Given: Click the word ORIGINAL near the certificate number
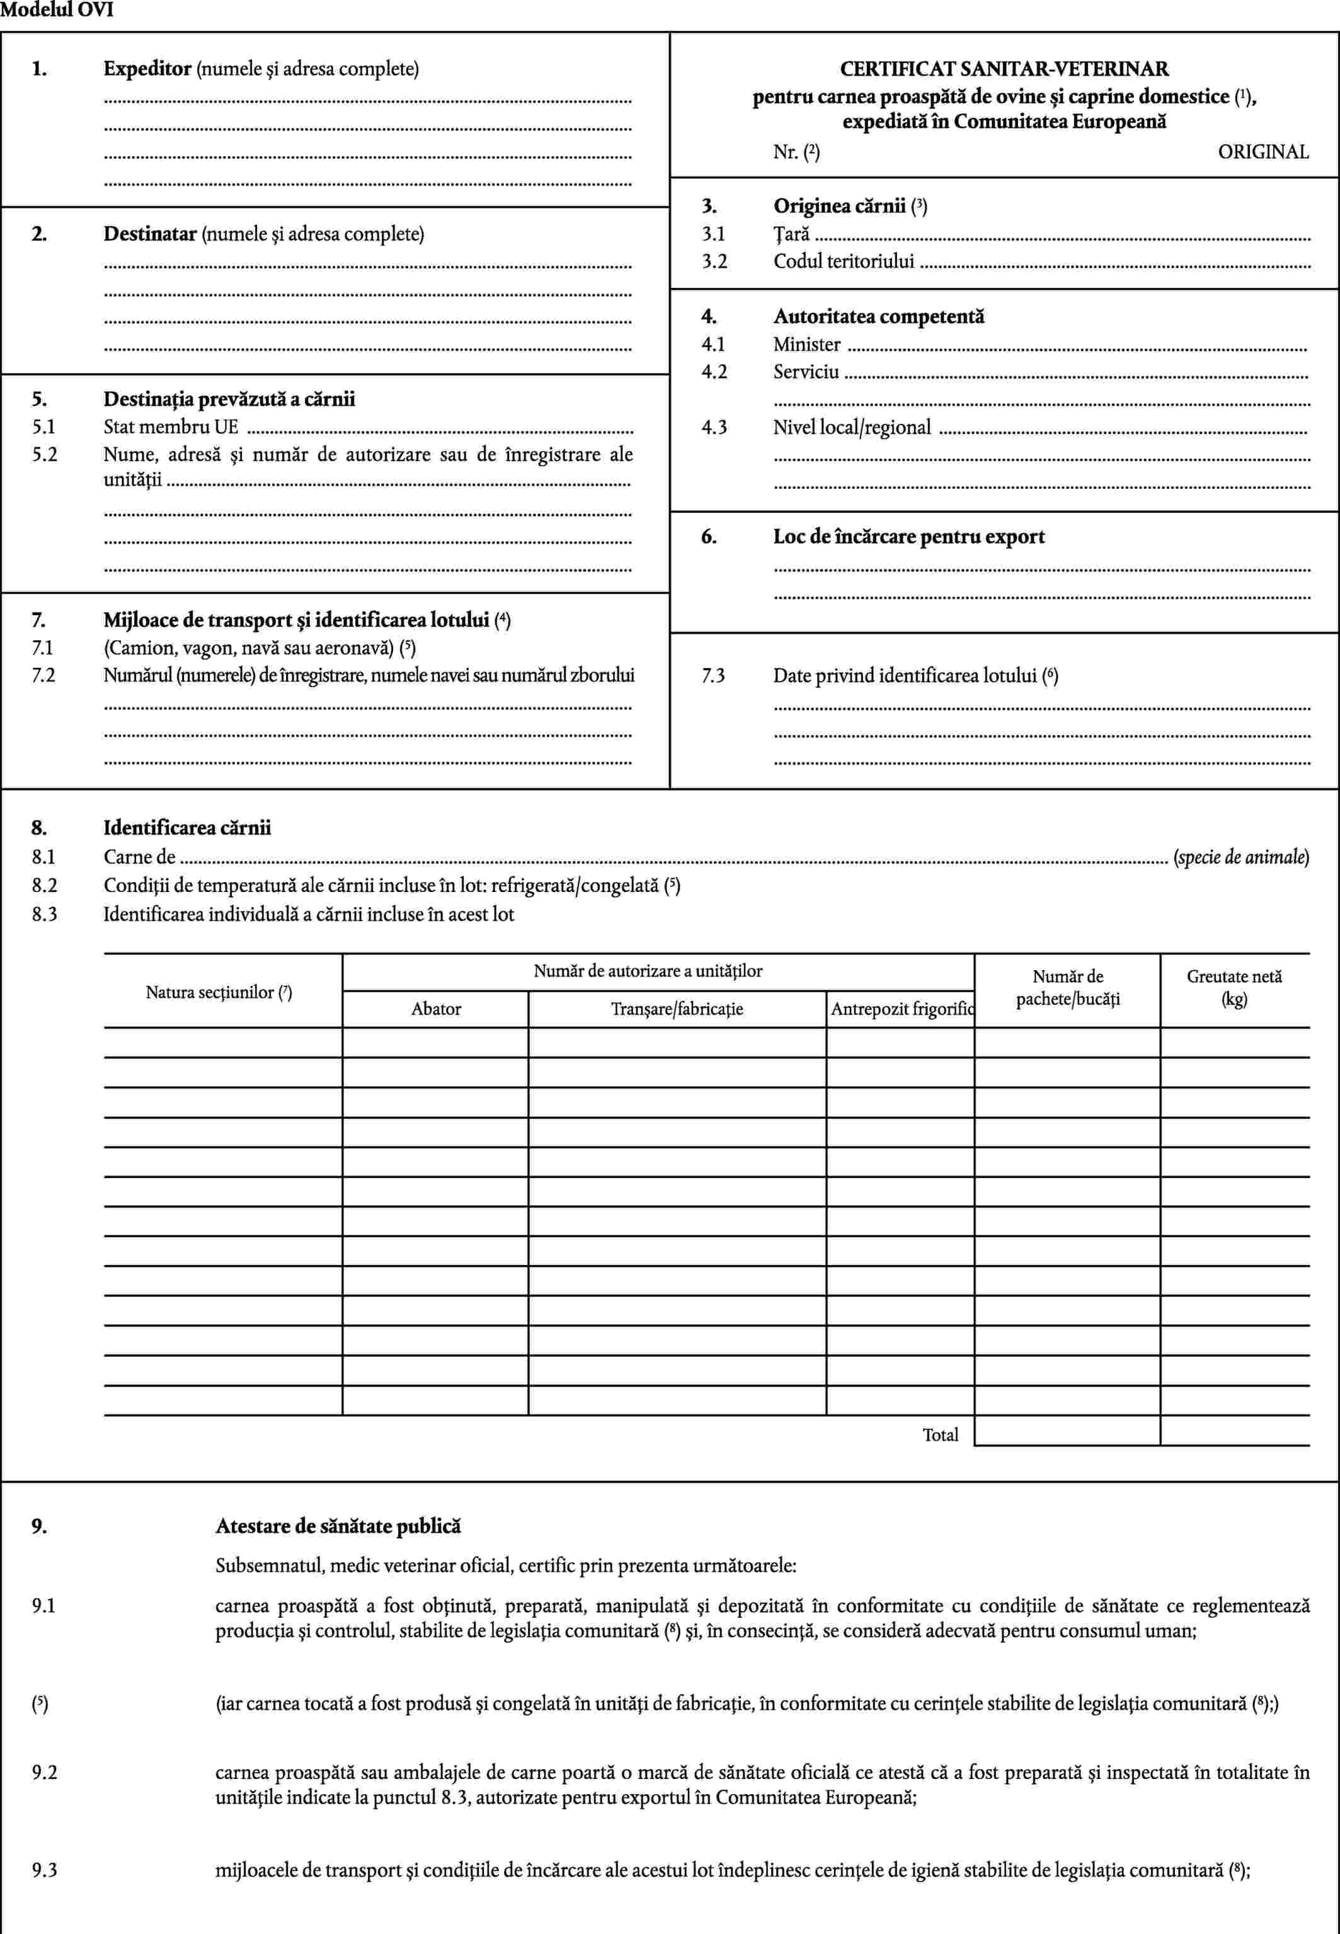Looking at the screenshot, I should pyautogui.click(x=1263, y=152).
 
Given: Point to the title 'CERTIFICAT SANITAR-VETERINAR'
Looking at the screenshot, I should pyautogui.click(x=1004, y=69).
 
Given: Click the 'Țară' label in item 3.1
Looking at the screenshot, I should pyautogui.click(x=791, y=234).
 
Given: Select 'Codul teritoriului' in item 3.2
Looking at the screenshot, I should pyautogui.click(x=844, y=261).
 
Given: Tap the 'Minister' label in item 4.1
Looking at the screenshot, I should pyautogui.click(x=807, y=344).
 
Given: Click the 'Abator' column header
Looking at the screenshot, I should pyautogui.click(x=436, y=1009).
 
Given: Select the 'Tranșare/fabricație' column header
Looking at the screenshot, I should pyautogui.click(x=677, y=1009).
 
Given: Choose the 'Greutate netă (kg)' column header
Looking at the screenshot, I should pyautogui.click(x=1234, y=987).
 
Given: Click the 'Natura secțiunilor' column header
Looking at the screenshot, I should pyautogui.click(x=219, y=992).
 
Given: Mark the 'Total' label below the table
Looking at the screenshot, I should pyautogui.click(x=941, y=1434).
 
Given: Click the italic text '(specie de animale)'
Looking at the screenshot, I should pyautogui.click(x=1241, y=857).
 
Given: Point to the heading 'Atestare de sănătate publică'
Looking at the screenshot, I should pyautogui.click(x=338, y=1525).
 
